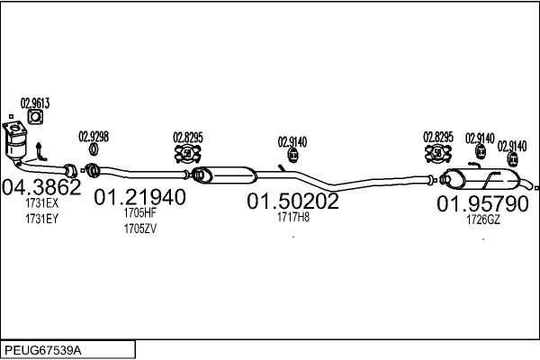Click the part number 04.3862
coord(42,189)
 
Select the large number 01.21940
coord(140,197)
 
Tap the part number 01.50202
coord(292,202)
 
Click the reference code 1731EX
coord(40,204)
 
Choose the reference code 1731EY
coord(40,218)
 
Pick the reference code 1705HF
coord(139,213)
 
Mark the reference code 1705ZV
coord(139,228)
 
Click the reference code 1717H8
coord(292,217)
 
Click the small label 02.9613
coord(34,103)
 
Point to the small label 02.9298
coord(94,137)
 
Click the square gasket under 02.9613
coord(35,117)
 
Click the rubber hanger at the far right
coord(512,159)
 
